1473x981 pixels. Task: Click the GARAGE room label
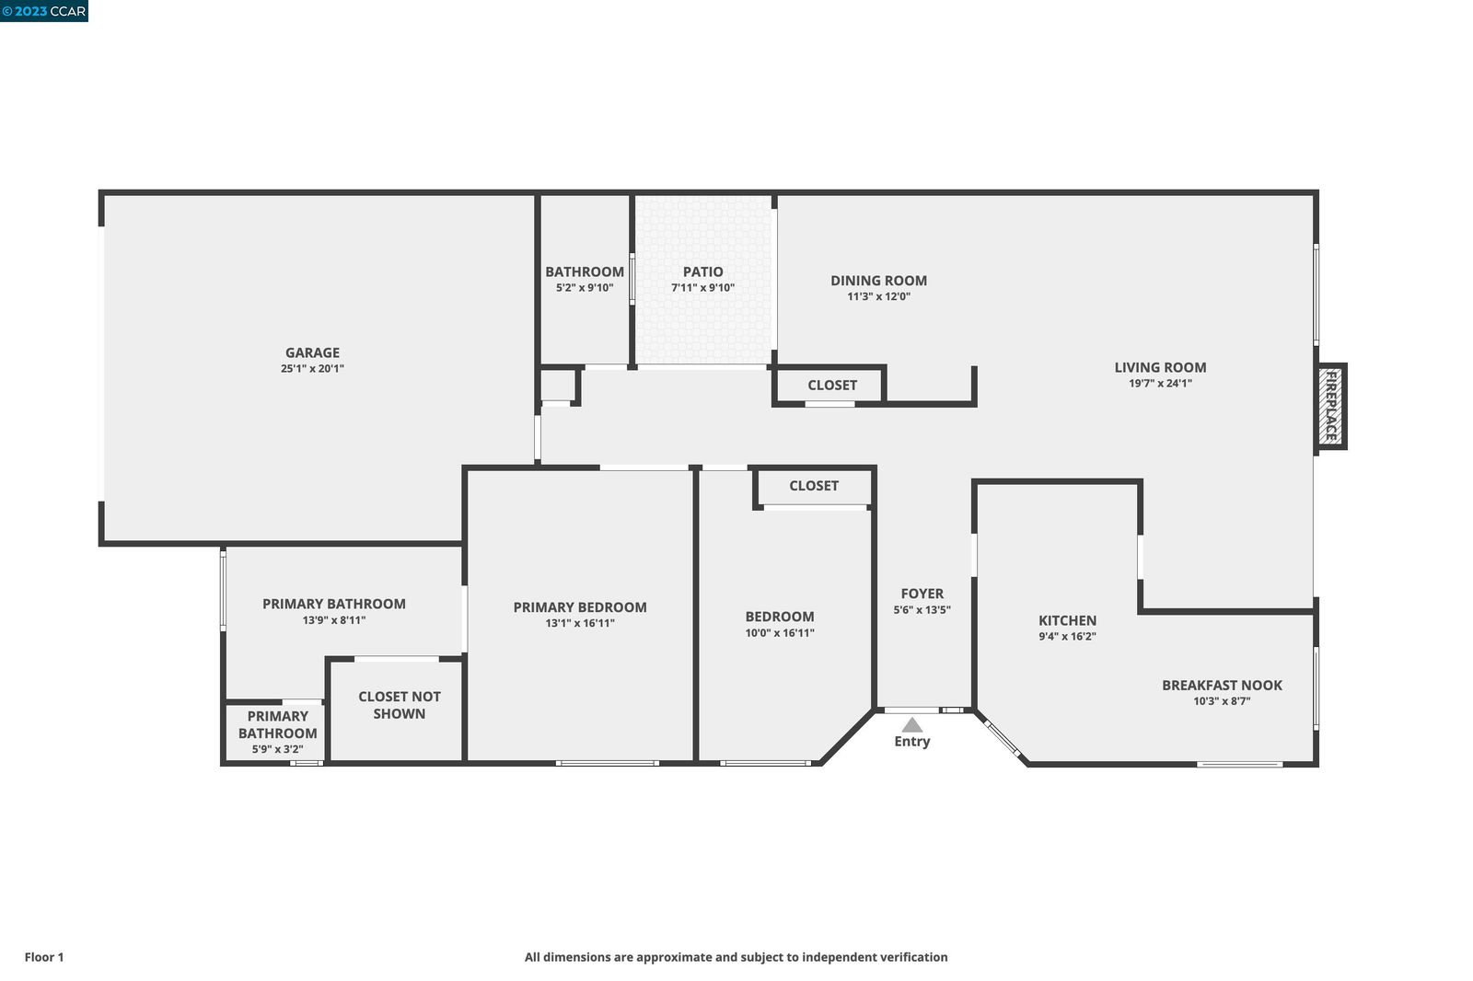312,352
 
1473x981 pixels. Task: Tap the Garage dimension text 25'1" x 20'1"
312,368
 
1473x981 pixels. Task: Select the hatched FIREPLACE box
1330,407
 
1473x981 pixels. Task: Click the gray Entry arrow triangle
911,724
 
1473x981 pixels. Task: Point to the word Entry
912,742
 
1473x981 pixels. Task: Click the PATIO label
703,271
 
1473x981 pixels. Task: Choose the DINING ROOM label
878,281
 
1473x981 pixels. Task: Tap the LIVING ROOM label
1160,367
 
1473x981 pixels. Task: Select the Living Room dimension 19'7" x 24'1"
1160,384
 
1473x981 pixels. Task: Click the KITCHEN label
1067,620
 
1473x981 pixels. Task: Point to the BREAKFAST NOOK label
1222,685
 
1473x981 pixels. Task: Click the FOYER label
922,594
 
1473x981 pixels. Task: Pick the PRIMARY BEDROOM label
580,607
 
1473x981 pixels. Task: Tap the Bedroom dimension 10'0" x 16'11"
779,633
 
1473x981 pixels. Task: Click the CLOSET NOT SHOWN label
400,705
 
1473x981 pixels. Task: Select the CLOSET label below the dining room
832,386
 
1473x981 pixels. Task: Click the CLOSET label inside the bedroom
814,486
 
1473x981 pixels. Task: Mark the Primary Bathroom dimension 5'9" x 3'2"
277,749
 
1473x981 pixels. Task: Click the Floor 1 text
44,957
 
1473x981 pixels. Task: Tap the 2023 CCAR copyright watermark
44,11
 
